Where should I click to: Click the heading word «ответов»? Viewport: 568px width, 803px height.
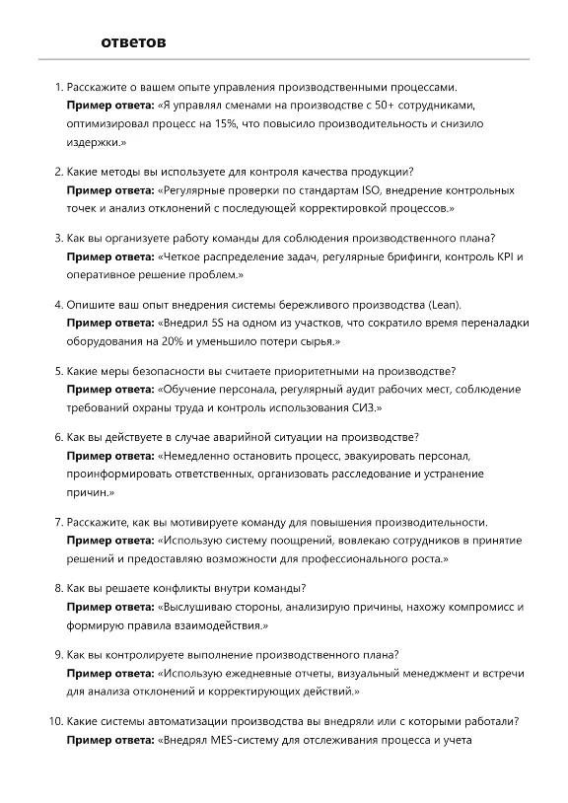(x=133, y=42)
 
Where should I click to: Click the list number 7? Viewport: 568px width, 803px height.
(x=58, y=522)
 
